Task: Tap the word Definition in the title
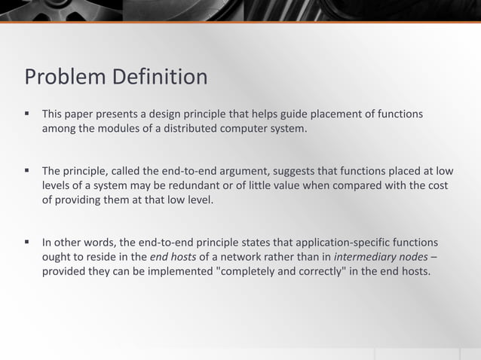pos(160,78)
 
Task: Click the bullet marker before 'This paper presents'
pos(26,114)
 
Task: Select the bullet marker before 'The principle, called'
pos(26,170)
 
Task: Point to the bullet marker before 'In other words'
pos(26,243)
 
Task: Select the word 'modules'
pos(121,129)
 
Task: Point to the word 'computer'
pos(244,129)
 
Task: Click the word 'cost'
pos(438,185)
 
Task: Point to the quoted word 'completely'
pos(248,272)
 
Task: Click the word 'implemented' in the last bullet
pos(180,272)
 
